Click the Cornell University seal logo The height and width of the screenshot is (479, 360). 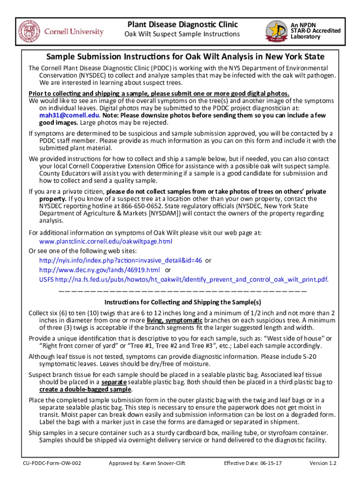pos(29,31)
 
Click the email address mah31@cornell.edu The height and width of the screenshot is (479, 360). pos(69,115)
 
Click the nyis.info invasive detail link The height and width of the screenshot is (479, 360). pos(121,260)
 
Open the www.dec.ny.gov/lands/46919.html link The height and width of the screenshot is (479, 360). pos(100,270)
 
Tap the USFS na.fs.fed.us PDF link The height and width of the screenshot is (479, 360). pos(184,280)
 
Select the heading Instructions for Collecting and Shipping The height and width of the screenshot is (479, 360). pos(183,302)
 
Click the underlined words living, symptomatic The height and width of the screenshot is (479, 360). pos(174,320)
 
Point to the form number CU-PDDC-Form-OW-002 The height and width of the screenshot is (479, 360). pos(52,464)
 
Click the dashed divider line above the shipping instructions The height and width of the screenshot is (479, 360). pos(183,291)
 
